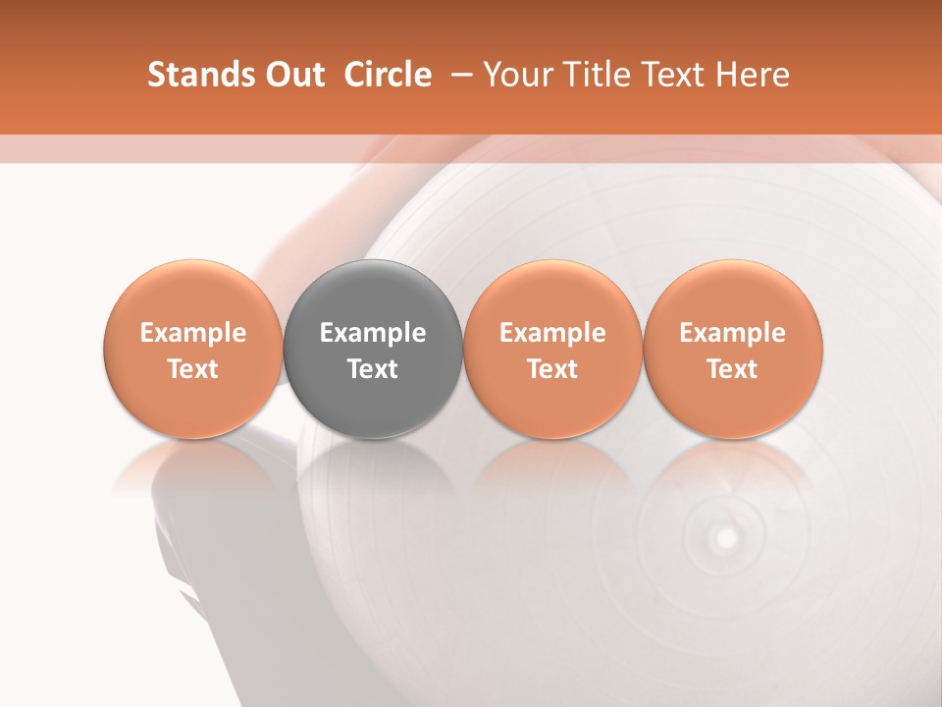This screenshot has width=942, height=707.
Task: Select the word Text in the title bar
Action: coord(665,75)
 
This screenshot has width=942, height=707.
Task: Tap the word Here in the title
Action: coord(752,75)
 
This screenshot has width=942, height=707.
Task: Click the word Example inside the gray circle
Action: coord(373,333)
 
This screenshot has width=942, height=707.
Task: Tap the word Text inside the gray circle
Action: coord(373,369)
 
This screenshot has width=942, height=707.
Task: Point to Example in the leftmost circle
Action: coord(193,333)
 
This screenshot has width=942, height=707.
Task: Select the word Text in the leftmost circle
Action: coord(193,369)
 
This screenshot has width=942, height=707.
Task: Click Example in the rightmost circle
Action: coord(733,333)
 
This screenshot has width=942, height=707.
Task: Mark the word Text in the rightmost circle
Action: coord(733,369)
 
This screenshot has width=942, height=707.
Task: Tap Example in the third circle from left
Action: coord(552,333)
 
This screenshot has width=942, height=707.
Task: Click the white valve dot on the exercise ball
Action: coord(726,538)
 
